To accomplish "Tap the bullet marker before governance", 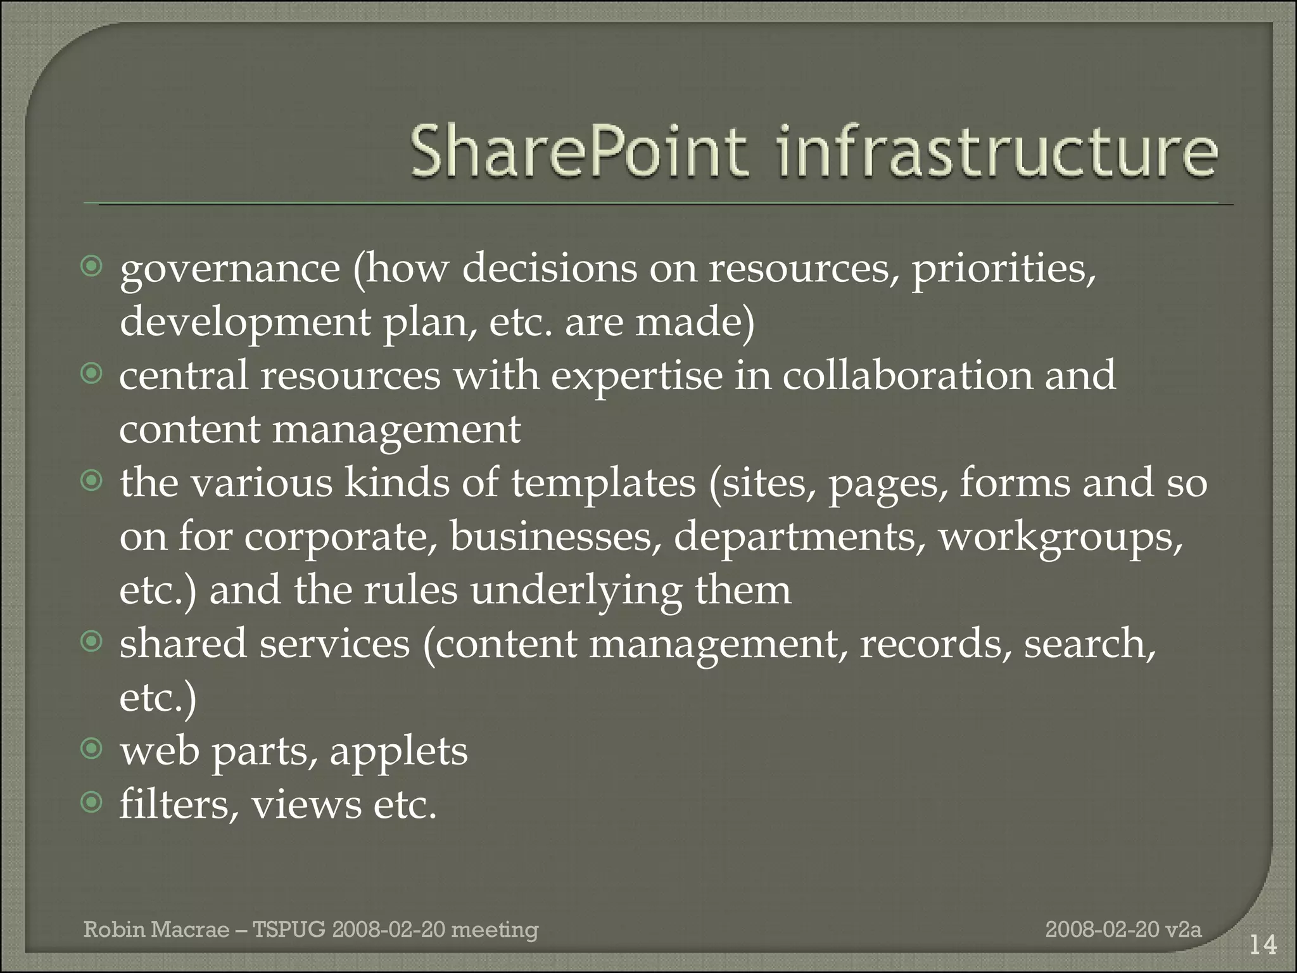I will (x=92, y=267).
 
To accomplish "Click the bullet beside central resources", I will (x=92, y=374).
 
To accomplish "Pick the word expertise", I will (x=636, y=377).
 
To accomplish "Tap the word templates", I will (x=604, y=484).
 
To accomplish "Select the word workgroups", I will (x=1060, y=538).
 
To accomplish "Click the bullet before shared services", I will (x=92, y=643).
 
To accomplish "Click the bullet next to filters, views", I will (x=92, y=804).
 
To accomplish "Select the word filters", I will (x=175, y=805).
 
